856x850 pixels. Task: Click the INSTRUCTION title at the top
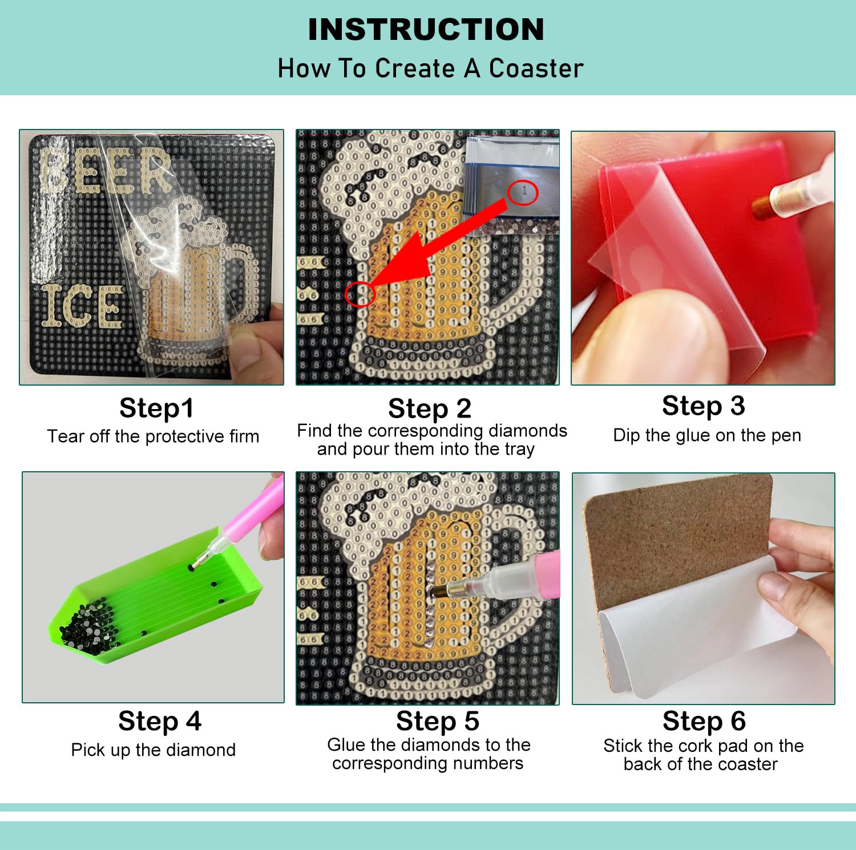426,30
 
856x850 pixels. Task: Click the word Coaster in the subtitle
536,68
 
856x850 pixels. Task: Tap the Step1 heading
156,408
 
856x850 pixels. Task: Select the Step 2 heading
430,408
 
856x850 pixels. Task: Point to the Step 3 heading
704,406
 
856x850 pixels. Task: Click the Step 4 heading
160,721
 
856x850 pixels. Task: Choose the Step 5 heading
438,721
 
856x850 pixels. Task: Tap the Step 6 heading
704,721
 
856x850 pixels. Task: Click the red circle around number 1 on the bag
523,192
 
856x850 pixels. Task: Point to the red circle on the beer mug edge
360,294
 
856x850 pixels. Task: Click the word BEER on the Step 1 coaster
106,169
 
